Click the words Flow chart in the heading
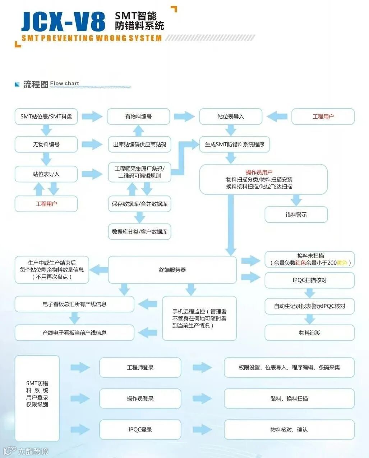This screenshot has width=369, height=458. tap(65, 84)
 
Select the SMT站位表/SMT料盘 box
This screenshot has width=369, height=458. tap(46, 117)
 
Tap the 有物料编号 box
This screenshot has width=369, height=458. tap(138, 117)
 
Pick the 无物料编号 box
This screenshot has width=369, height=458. tap(46, 145)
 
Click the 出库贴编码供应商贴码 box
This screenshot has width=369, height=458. tap(139, 145)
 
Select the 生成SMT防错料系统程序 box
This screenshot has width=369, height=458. tap(234, 145)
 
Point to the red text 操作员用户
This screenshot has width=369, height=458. tap(259, 173)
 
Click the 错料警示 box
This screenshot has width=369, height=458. tap(296, 214)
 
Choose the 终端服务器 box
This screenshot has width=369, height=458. tap(172, 270)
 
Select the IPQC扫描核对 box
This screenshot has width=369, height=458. tap(309, 280)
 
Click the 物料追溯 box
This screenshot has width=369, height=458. tap(309, 333)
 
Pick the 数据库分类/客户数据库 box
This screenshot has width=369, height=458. tap(139, 232)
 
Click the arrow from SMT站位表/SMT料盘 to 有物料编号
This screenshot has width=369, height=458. tap(92, 117)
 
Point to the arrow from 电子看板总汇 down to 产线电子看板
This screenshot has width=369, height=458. tap(74, 318)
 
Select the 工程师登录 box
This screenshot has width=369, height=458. tap(140, 368)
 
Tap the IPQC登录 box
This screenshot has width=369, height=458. tap(140, 430)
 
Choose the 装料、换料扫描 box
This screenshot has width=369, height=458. tap(289, 398)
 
